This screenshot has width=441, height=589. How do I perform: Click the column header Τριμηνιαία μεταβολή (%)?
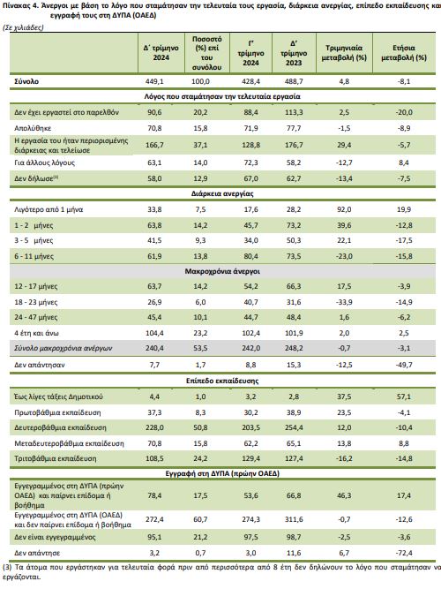344,53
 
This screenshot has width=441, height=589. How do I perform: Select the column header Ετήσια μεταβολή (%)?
404,53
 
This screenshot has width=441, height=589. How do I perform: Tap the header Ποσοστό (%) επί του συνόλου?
206,53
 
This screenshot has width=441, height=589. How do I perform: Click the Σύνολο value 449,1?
154,81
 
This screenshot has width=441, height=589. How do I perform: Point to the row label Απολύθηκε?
33,128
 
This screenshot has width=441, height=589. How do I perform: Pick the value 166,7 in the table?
154,145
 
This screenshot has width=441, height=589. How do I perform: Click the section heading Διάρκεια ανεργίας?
222,193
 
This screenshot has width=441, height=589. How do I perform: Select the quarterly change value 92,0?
344,209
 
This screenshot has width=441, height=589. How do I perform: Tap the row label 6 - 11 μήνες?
34,257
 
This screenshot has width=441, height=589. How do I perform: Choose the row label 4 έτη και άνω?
36,333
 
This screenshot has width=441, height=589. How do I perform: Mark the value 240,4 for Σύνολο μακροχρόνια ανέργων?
154,348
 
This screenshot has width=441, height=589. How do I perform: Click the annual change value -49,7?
404,365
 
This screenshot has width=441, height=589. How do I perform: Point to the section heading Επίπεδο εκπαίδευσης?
222,381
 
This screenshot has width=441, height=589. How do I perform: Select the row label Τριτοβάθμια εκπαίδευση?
56,458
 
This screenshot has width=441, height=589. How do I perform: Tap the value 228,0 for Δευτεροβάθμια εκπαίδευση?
154,428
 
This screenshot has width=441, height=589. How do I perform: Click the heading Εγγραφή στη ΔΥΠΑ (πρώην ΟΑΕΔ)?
222,473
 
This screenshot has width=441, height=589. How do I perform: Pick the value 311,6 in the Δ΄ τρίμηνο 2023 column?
294,519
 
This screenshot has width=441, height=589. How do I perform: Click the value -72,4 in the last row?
404,553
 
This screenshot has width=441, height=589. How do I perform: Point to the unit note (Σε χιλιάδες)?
23,27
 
